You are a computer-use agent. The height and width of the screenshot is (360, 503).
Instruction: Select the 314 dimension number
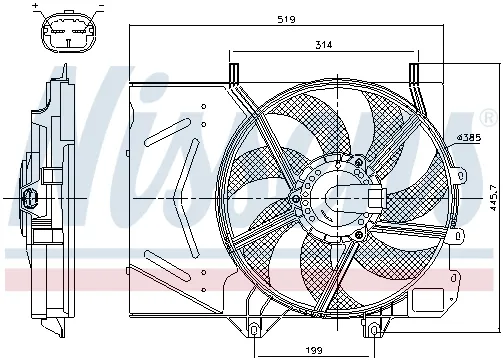coord(322,45)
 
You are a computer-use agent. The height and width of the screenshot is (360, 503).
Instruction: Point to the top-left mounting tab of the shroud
coord(234,74)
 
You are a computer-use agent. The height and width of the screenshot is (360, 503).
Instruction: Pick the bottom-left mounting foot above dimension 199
coord(260,325)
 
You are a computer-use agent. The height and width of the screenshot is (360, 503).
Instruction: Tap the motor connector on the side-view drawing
coord(30,199)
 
